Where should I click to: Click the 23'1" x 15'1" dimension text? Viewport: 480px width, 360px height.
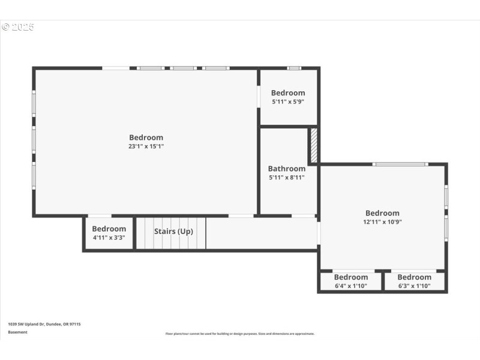click(146, 146)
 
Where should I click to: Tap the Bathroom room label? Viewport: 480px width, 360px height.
click(286, 169)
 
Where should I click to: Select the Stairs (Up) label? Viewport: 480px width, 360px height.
click(173, 231)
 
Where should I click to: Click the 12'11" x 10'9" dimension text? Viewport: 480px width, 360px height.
click(382, 221)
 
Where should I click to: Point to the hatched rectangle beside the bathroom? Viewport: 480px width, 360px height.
click(313, 145)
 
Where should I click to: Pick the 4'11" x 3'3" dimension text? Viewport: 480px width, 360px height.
click(109, 237)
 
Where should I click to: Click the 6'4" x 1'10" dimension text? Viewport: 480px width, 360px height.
click(350, 286)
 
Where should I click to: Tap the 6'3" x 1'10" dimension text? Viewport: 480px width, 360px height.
click(414, 286)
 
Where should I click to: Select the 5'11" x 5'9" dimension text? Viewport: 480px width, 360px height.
click(288, 101)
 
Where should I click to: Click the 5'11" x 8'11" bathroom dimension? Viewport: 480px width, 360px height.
click(286, 178)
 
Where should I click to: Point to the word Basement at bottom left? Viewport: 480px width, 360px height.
click(17, 332)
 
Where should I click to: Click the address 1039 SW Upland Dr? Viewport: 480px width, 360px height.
click(44, 324)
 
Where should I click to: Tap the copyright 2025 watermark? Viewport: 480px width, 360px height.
click(18, 27)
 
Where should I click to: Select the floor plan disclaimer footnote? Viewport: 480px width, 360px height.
click(239, 334)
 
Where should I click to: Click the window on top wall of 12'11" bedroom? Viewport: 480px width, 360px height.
click(400, 164)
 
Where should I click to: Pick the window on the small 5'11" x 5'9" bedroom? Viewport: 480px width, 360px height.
click(293, 68)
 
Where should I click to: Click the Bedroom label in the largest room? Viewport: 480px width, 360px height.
click(146, 137)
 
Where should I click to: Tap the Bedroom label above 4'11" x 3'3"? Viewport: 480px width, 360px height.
click(109, 229)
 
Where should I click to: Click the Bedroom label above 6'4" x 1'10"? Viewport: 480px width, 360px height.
click(350, 277)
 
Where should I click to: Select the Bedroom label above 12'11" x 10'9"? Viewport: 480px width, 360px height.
click(382, 213)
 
